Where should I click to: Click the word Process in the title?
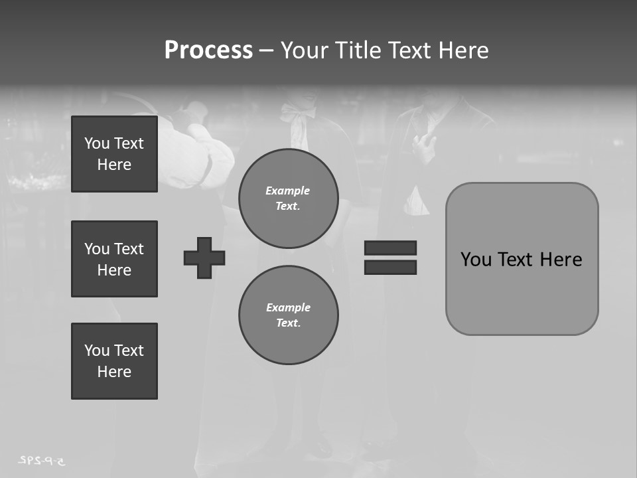pos(208,50)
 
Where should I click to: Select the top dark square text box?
pos(114,154)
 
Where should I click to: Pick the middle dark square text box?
pos(114,259)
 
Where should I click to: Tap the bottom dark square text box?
pos(114,361)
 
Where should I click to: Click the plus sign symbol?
pos(204,258)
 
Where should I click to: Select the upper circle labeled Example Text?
pos(289,199)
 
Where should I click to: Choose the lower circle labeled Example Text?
pos(289,315)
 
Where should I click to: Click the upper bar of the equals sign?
pos(390,248)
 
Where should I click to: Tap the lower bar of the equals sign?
pos(390,267)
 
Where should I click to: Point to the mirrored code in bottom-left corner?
pos(44,460)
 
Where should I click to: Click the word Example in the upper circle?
pos(288,191)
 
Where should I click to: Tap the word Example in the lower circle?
pos(288,307)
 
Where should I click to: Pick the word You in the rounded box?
pos(476,260)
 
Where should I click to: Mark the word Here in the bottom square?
pos(114,372)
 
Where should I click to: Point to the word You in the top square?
pos(97,143)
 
